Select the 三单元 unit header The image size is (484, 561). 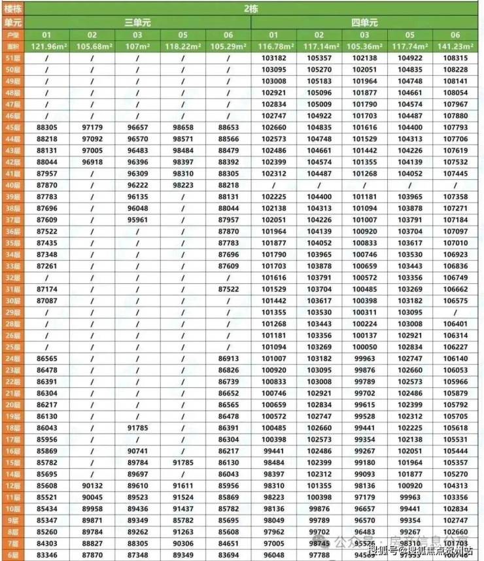[x=137, y=22]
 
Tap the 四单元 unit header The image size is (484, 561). [x=364, y=22]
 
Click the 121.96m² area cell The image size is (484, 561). [x=46, y=46]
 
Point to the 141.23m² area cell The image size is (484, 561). [x=455, y=46]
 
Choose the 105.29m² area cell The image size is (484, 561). [x=228, y=46]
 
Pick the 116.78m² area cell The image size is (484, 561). [x=273, y=46]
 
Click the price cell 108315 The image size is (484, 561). [x=455, y=58]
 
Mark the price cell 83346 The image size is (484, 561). [x=46, y=554]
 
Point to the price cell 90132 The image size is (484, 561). [x=92, y=486]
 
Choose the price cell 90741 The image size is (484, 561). [x=137, y=451]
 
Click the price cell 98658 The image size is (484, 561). [x=182, y=127]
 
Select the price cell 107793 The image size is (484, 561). [x=455, y=127]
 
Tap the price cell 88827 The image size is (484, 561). [x=92, y=543]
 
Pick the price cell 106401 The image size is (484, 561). [x=455, y=324]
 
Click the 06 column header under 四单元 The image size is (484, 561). [x=455, y=35]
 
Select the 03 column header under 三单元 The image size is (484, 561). [x=137, y=35]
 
